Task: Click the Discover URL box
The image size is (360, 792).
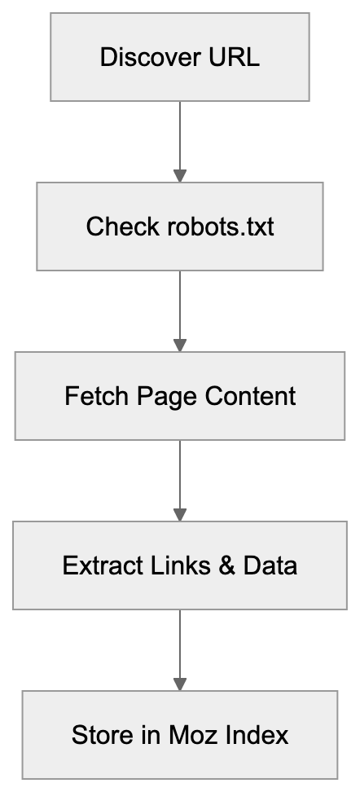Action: [179, 57]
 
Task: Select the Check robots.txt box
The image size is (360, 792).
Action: [179, 226]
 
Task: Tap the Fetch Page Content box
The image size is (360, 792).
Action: [179, 396]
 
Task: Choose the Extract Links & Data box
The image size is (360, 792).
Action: [179, 565]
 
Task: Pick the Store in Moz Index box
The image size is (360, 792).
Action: [179, 735]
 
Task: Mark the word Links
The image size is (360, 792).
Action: [166, 565]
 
